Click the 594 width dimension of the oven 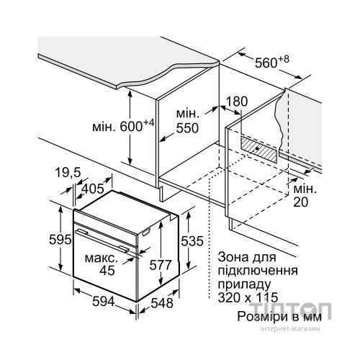(104, 301)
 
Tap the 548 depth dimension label (162, 303)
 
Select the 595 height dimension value (60, 239)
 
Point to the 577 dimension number (161, 265)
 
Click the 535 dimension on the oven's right (192, 241)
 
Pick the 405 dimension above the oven (93, 189)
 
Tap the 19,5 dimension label (68, 172)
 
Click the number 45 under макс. (107, 271)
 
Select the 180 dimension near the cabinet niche (237, 102)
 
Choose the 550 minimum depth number (187, 128)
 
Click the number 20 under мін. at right (300, 202)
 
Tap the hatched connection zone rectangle (259, 148)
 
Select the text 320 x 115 (248, 297)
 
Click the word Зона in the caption (233, 257)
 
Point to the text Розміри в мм (279, 316)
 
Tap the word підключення (258, 271)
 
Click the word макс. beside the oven (102, 258)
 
